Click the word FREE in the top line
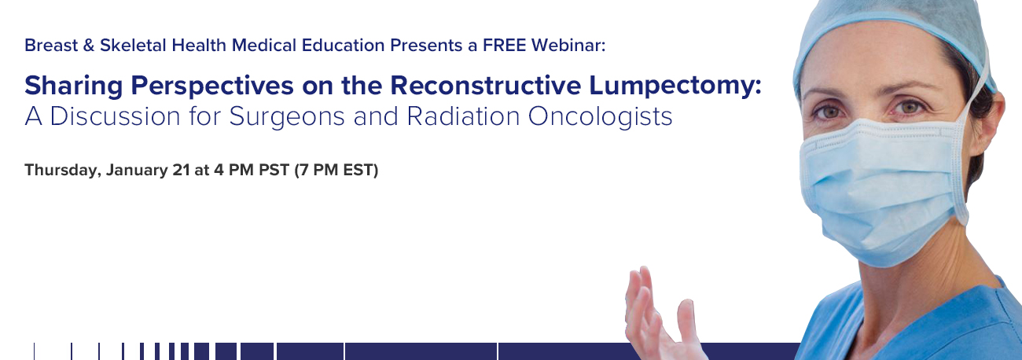click(504, 46)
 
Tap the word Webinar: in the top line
click(568, 46)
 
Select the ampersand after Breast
click(89, 46)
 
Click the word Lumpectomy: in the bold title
click(675, 86)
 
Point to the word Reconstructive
click(486, 86)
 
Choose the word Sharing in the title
click(73, 86)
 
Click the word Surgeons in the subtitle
click(287, 117)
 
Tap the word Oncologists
click(600, 117)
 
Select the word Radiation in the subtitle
click(463, 116)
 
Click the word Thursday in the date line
click(63, 171)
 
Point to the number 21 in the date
click(181, 170)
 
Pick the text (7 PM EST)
click(336, 170)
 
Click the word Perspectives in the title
click(212, 86)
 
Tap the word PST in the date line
click(274, 170)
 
